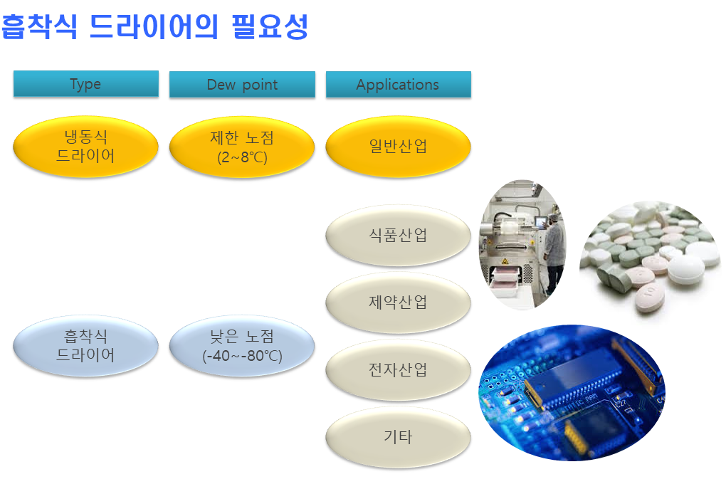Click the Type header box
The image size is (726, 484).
pos(85,84)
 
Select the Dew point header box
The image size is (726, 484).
pos(242,84)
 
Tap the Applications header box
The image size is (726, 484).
pos(398,84)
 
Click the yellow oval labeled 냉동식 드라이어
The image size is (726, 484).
pos(85,147)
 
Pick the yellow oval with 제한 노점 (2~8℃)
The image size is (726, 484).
pos(242,147)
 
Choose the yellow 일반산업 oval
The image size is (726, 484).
pos(398,147)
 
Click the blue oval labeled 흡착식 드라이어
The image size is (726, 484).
pos(85,345)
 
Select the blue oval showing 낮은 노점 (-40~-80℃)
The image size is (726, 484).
pos(242,345)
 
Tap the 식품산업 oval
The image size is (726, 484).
pos(398,236)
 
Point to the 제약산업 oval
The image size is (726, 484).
pos(398,302)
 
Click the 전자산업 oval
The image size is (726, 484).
pos(398,369)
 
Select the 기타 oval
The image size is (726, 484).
pos(398,437)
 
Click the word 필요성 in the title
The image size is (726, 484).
pos(270,26)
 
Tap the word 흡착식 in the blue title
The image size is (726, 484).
pos(39,26)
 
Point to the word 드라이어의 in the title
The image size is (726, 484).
pos(153,26)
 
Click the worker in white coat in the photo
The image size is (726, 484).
pos(554,250)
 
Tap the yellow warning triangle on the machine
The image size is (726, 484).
pos(505,261)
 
